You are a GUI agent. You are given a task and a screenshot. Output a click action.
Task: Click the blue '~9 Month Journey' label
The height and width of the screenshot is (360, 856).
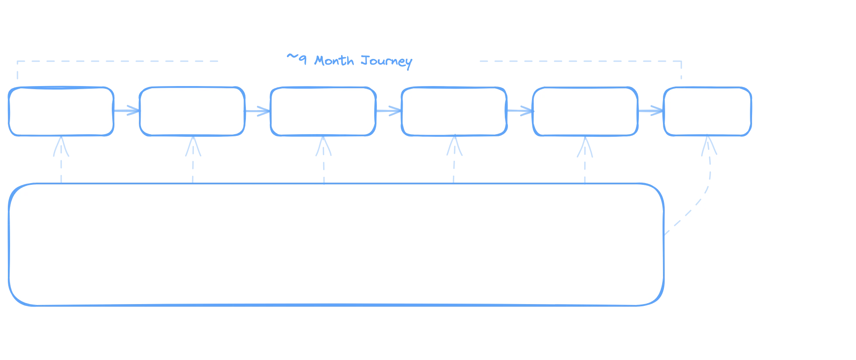pos(349,61)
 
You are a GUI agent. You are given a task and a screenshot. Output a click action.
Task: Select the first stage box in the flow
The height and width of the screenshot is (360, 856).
pos(61,111)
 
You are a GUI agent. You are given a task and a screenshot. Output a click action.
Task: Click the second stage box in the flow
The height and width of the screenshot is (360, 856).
pos(192,111)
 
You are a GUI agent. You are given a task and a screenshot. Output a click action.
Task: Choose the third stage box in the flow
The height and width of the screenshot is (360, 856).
pos(323,111)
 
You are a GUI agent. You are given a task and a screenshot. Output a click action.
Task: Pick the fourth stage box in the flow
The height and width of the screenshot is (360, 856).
pos(454,111)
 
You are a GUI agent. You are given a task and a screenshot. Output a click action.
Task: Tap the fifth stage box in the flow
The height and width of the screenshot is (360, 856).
pos(585,111)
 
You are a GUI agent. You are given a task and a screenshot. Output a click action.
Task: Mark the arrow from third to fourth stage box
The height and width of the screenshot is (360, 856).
pos(388,111)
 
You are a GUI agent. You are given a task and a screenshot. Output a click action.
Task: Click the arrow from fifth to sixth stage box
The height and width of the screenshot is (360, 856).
pos(651,111)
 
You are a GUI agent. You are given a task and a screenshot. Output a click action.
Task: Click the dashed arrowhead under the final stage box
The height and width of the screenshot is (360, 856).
pos(709,148)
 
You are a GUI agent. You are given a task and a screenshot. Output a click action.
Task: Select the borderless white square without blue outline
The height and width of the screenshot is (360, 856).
pos(768,245)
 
